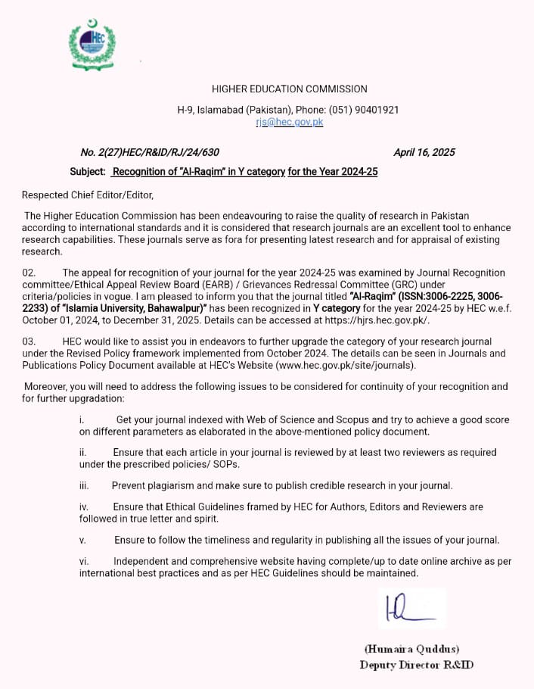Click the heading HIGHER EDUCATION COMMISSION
[289, 89]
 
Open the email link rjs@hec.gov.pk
[289, 122]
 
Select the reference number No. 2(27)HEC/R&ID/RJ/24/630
[150, 153]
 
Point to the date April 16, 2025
[424, 153]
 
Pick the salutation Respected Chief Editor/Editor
[87, 195]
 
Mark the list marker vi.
[84, 561]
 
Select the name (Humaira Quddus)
[411, 649]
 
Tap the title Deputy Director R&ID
[417, 665]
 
